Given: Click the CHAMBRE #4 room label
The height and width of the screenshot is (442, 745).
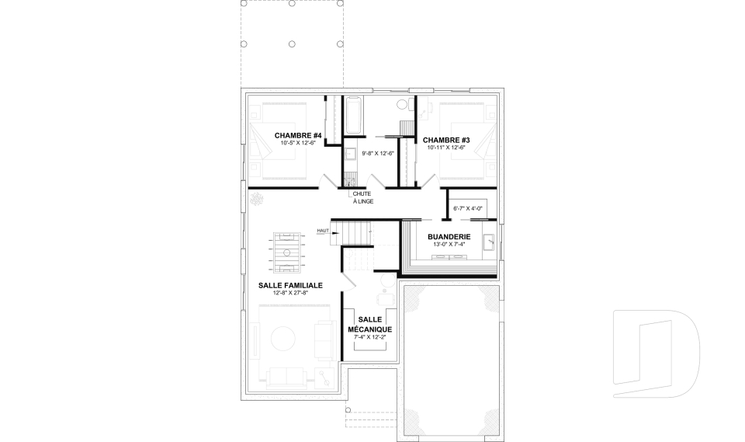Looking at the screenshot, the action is pos(298,136).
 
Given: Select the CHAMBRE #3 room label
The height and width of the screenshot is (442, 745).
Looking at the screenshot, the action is pos(446,140).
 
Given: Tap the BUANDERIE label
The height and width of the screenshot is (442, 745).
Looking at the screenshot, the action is pos(449,236).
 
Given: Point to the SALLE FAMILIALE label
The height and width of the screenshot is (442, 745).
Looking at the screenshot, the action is pos(290,285).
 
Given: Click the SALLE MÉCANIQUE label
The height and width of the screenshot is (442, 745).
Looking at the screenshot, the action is pos(369,325).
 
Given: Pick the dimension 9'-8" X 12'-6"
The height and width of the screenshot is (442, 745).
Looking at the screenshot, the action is pos(378,153).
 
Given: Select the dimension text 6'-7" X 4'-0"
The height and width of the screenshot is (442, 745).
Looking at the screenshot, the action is pos(468,208).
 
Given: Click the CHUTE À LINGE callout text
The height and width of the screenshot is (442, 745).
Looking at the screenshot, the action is pos(362,197).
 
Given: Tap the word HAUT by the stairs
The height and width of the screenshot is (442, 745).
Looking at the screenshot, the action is pos(323,231).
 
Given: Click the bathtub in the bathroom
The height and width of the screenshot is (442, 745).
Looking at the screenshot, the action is pos(353,116).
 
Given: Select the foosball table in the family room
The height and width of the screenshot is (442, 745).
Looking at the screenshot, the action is pos(287,252).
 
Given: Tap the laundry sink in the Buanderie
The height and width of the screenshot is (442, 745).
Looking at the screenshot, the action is pos(488,242).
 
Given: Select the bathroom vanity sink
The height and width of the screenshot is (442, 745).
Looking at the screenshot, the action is pos(350,154).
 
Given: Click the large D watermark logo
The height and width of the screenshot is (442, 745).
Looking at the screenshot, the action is pos(656,353).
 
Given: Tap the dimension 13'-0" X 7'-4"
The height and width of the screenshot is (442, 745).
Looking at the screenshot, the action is pos(449,245).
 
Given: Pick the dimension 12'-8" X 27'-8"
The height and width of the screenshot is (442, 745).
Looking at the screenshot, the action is pos(290,293).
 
